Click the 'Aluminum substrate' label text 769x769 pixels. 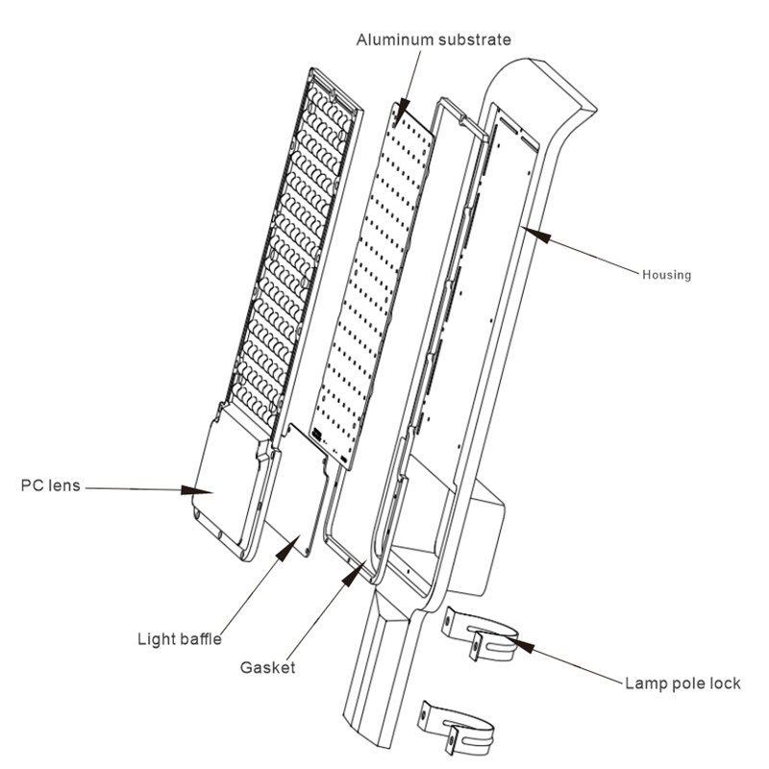(434, 39)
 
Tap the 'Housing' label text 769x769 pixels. (666, 275)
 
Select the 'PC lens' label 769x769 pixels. (51, 485)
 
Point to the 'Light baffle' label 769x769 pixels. (180, 639)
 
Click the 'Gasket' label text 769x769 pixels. (268, 667)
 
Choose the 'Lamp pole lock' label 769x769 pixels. (682, 683)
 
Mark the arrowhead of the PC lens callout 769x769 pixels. (197, 490)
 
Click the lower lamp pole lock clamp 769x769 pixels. (456, 728)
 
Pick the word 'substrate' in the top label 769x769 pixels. (475, 39)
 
